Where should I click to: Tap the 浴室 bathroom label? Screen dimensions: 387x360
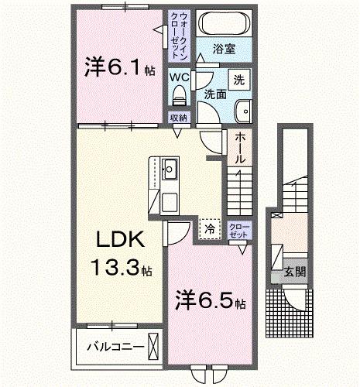tap(225, 49)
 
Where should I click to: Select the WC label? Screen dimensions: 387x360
tap(180, 77)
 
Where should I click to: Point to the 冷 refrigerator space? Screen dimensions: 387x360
tap(208, 228)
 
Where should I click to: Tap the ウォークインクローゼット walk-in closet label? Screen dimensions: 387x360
tap(180, 36)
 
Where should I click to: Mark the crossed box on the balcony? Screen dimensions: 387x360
tap(153, 344)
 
